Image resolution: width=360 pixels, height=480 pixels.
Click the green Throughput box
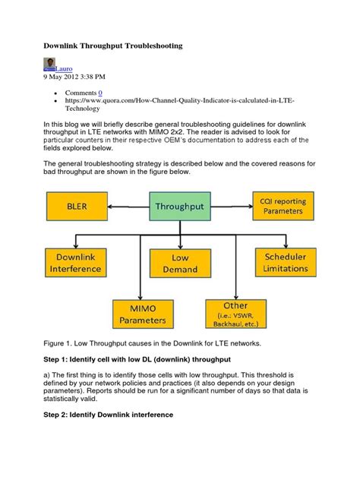(179, 206)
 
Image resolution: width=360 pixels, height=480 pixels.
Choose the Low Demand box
(179, 264)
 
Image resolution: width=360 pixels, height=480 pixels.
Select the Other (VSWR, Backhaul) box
(235, 313)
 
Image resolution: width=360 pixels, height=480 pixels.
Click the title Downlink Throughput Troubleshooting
(113, 46)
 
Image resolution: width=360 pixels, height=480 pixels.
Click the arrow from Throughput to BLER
(128, 206)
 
